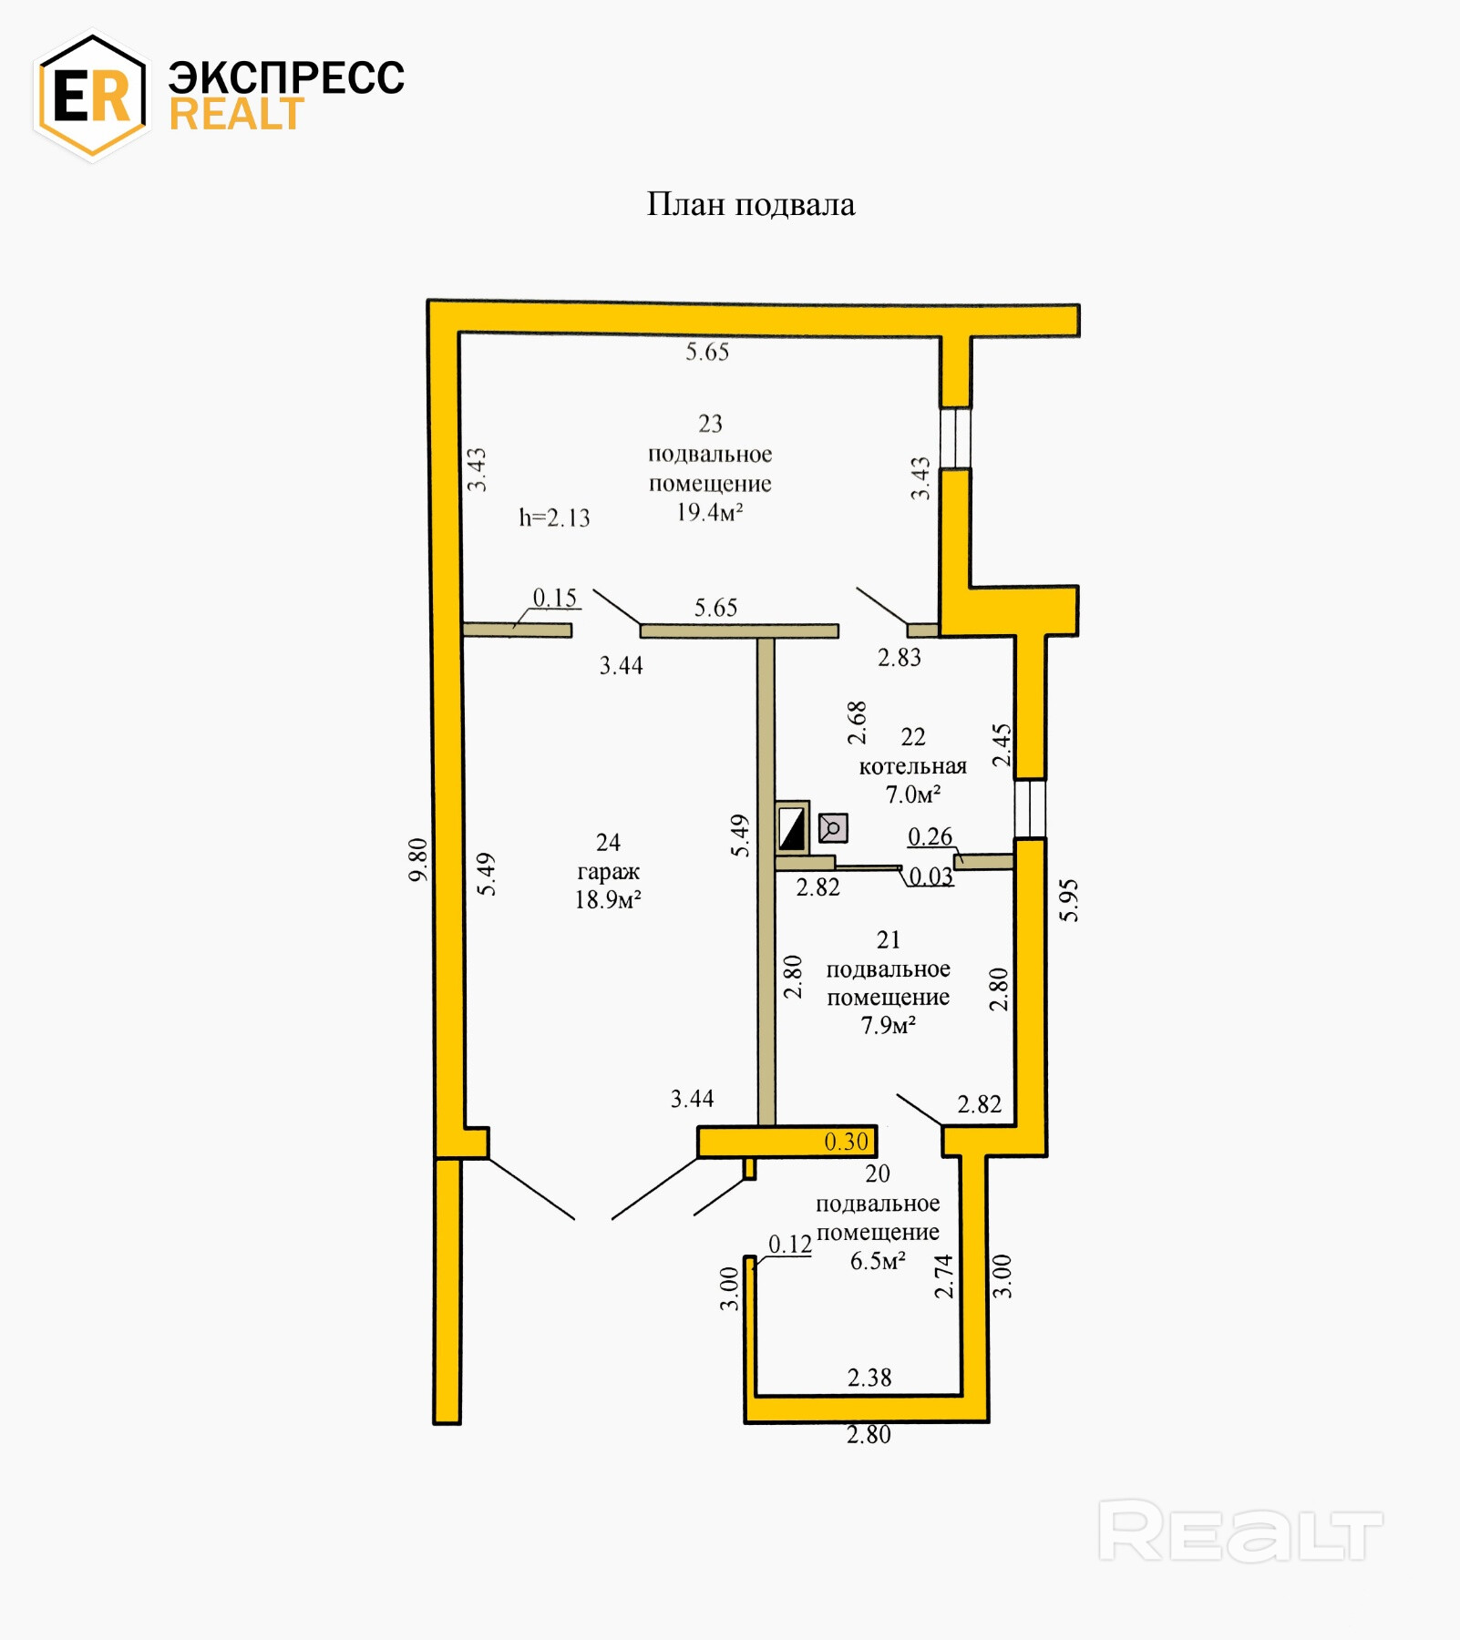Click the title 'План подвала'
tap(751, 205)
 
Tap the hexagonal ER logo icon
tap(91, 95)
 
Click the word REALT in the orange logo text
tap(236, 115)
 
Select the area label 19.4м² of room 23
tap(709, 512)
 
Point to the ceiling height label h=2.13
tap(554, 518)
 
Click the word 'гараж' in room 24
tap(608, 871)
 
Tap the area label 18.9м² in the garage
tap(608, 900)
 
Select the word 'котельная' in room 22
tap(912, 766)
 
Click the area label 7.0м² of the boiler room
tap(912, 794)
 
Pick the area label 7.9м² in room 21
tap(888, 1026)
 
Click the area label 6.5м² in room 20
tap(877, 1261)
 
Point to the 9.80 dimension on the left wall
tap(417, 859)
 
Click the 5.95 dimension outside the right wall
tap(1069, 900)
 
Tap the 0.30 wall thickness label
tap(846, 1142)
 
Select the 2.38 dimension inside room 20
tap(869, 1378)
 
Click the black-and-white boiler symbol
tap(792, 828)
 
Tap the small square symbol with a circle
tap(833, 827)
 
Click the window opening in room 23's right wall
tap(955, 437)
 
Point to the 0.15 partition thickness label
tap(554, 598)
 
